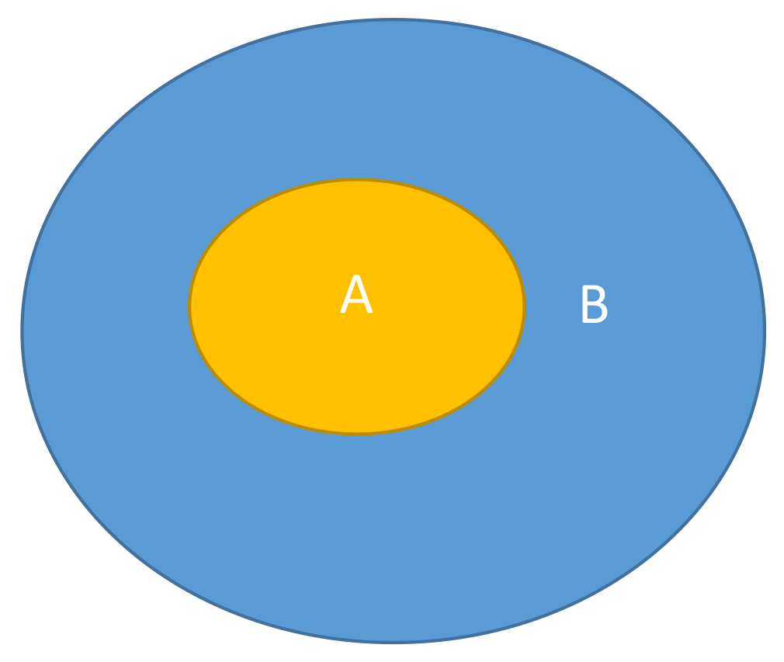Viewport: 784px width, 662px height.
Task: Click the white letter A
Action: point(356,294)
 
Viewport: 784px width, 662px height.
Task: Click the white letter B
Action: point(595,304)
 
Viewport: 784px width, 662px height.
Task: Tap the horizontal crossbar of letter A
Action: point(356,300)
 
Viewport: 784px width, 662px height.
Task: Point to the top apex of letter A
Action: point(356,276)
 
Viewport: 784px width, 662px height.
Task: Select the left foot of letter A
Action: point(343,311)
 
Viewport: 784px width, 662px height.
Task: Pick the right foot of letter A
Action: point(370,311)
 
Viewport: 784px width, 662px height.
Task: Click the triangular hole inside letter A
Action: point(356,290)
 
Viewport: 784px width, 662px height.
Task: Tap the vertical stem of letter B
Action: point(585,304)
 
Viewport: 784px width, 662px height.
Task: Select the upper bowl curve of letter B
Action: point(602,294)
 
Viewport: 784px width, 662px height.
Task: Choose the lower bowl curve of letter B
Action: point(605,313)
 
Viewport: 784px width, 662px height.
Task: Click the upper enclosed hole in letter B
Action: point(594,295)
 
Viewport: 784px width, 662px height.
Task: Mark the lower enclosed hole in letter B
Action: point(595,312)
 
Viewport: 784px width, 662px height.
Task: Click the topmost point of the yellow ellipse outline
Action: point(356,179)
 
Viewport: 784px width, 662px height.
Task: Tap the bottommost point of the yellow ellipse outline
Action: point(356,434)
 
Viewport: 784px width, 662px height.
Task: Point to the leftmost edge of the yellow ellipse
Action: point(189,307)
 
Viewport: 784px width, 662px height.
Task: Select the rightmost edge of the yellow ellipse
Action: point(524,307)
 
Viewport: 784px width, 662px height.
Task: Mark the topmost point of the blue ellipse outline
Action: point(394,19)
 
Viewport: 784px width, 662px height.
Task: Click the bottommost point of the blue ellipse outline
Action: point(394,642)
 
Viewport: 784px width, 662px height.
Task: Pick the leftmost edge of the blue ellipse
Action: point(22,331)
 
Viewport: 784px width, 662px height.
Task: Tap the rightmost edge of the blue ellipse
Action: point(765,331)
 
